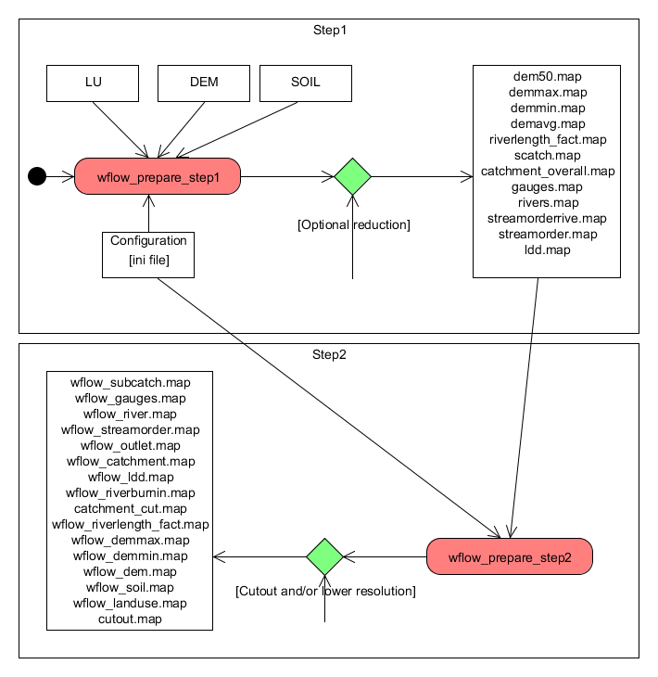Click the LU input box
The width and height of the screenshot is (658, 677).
point(93,83)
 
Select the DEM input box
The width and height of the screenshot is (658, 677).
point(204,83)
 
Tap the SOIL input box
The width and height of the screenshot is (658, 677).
point(306,83)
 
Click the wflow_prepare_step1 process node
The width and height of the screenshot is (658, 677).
point(158,176)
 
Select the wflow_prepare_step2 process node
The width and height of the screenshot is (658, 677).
point(509,557)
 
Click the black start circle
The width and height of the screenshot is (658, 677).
point(37,175)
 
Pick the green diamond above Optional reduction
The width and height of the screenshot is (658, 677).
point(352,176)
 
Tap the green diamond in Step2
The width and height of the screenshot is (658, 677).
point(324,556)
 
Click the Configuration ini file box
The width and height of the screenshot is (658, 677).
point(148,254)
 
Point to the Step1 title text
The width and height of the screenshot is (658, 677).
point(330,30)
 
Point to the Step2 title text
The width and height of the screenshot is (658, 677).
point(330,354)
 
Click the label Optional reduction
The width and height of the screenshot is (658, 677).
point(353,224)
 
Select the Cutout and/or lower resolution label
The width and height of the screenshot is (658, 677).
point(325,591)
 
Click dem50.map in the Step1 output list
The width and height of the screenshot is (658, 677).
point(547,76)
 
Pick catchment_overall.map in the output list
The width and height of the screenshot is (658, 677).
point(547,171)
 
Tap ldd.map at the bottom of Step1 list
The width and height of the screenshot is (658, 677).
point(547,249)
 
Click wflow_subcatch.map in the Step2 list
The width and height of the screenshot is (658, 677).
point(131,382)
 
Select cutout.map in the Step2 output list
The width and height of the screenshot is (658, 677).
point(131,619)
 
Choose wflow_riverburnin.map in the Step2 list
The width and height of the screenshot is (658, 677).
point(131,492)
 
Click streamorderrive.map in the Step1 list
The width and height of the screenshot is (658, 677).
point(547,218)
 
